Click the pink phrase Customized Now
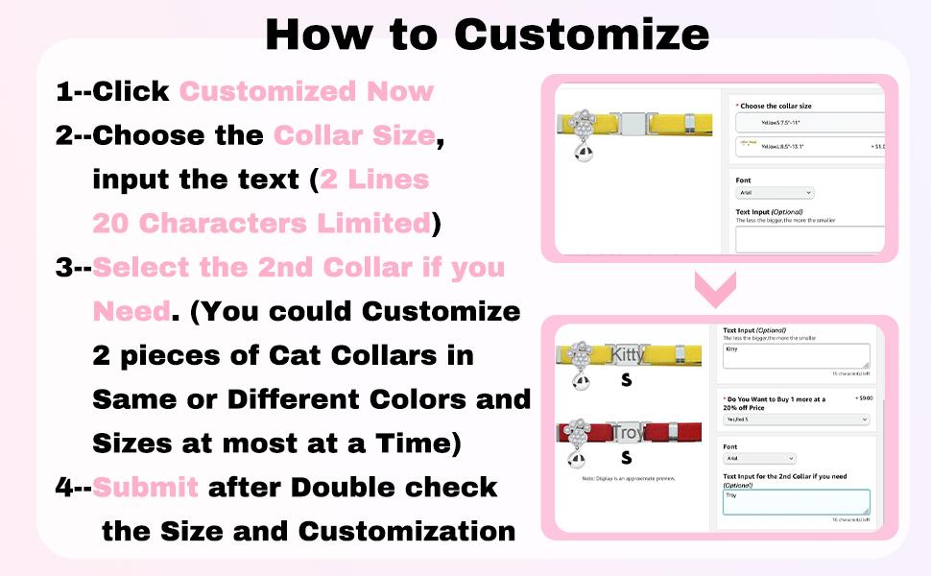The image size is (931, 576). [x=306, y=92]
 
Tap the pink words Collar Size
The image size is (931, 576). [x=354, y=135]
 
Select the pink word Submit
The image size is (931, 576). [x=146, y=487]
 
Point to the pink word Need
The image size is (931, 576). [x=130, y=311]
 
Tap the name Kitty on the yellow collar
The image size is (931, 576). [x=628, y=355]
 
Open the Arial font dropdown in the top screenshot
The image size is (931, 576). [x=775, y=193]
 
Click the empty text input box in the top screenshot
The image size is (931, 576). [x=809, y=238]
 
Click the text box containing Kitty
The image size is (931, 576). [x=796, y=356]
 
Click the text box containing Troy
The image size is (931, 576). [x=796, y=502]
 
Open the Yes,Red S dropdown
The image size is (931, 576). [x=796, y=420]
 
